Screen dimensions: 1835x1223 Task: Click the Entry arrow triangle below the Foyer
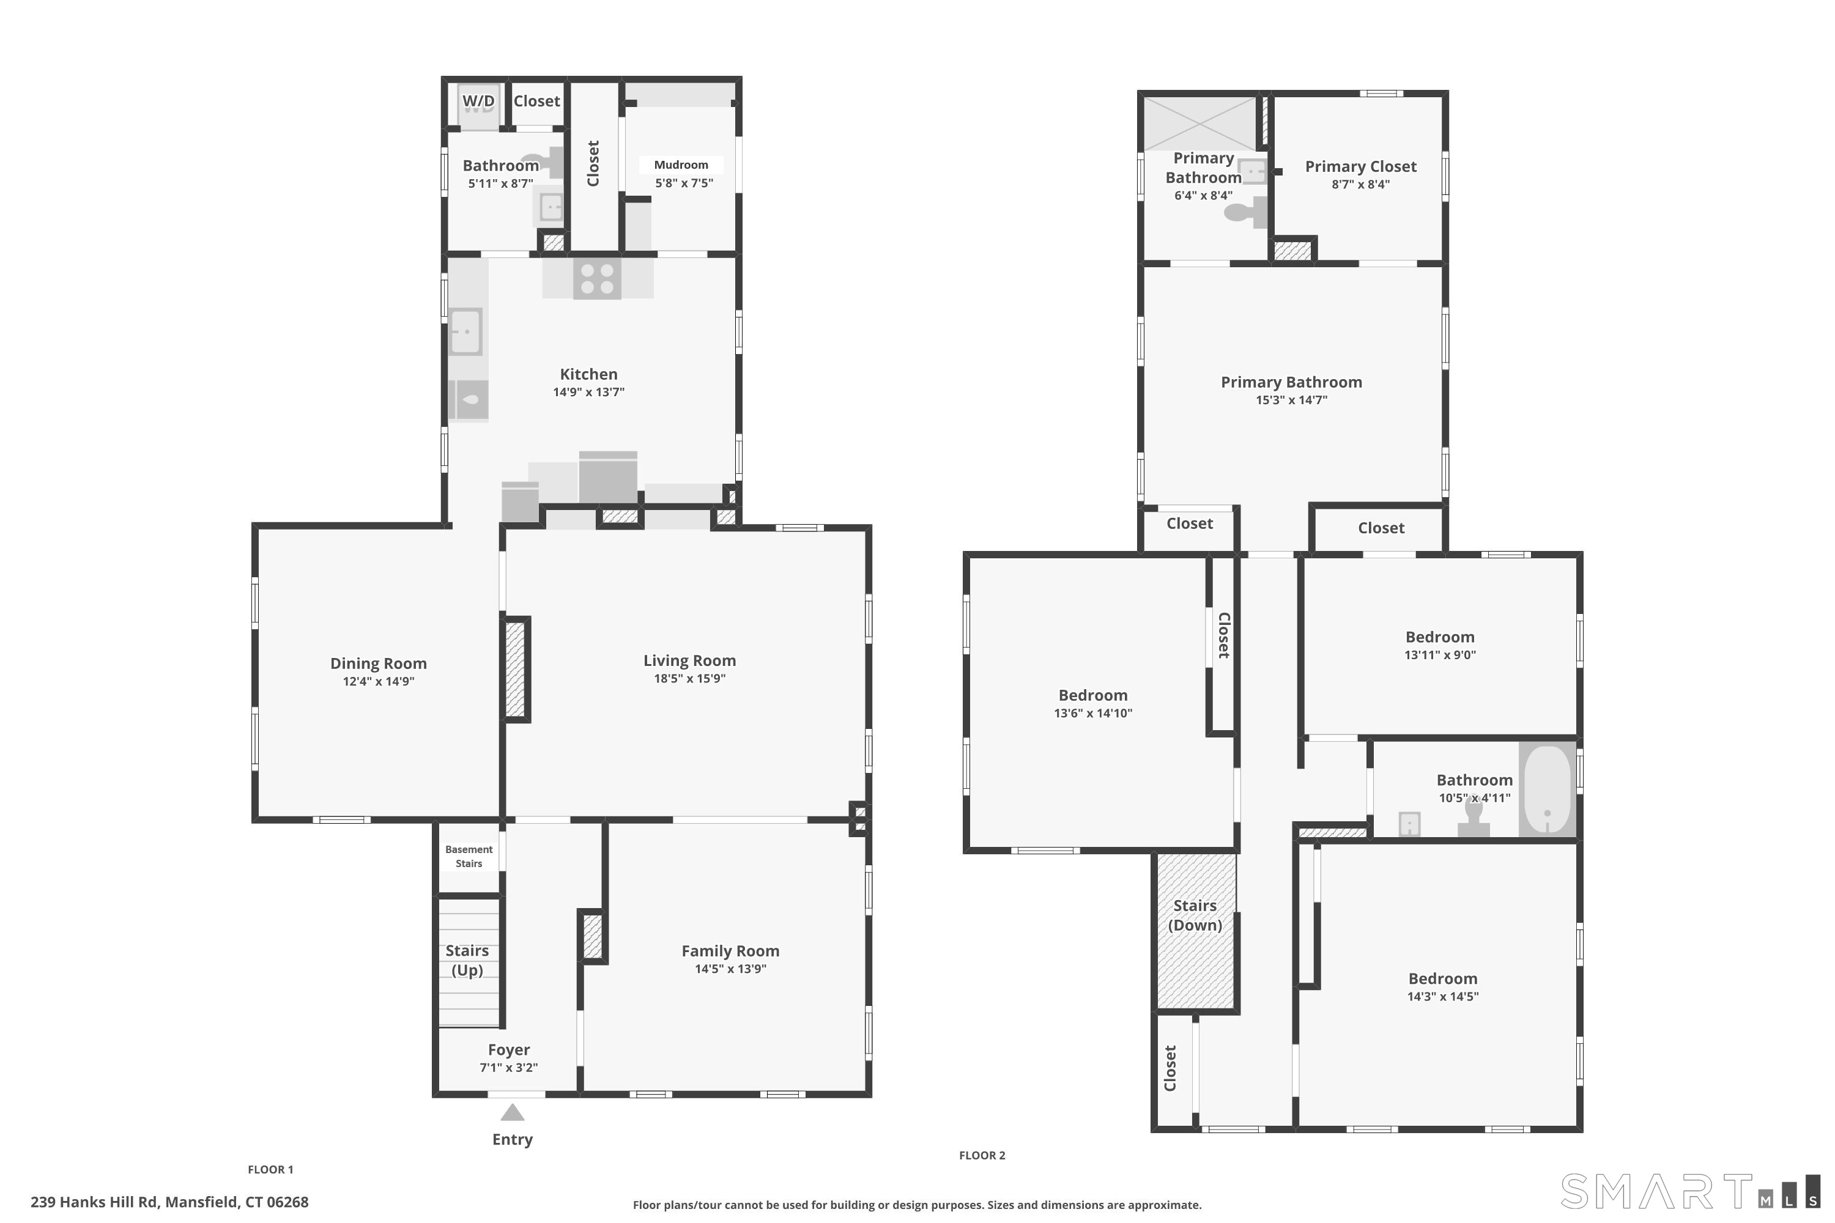[x=512, y=1112]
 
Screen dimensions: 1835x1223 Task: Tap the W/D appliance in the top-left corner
[x=478, y=106]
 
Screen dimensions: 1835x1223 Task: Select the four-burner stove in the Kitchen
[x=597, y=278]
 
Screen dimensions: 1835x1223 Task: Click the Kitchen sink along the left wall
[x=465, y=331]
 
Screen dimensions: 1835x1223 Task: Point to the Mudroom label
[x=681, y=164]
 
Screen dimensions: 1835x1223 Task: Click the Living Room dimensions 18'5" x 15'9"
[x=690, y=679]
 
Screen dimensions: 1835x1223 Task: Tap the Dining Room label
[x=379, y=663]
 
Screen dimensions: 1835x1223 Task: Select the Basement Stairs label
[x=469, y=857]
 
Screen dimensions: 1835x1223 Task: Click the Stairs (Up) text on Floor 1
[x=467, y=960]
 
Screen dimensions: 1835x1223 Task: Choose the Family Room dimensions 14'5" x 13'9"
[x=730, y=969]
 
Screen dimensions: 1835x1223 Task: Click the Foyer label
[x=509, y=1050]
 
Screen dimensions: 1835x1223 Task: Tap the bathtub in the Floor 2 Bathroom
[x=1547, y=789]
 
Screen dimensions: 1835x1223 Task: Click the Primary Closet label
[x=1360, y=166]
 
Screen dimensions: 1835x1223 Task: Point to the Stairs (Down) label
[x=1195, y=915]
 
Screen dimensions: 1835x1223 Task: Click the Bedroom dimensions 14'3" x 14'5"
[x=1442, y=996]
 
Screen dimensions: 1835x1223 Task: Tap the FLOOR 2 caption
[x=982, y=1155]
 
